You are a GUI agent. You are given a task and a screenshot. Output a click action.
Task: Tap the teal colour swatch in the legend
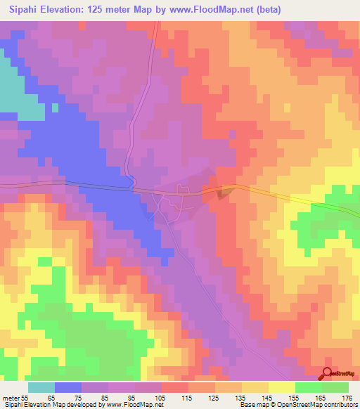41,387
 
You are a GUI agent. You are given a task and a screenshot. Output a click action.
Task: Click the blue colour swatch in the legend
68,387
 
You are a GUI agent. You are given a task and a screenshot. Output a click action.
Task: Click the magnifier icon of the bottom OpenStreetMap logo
328,375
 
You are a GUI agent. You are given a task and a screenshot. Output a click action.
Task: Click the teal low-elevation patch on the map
18,91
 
